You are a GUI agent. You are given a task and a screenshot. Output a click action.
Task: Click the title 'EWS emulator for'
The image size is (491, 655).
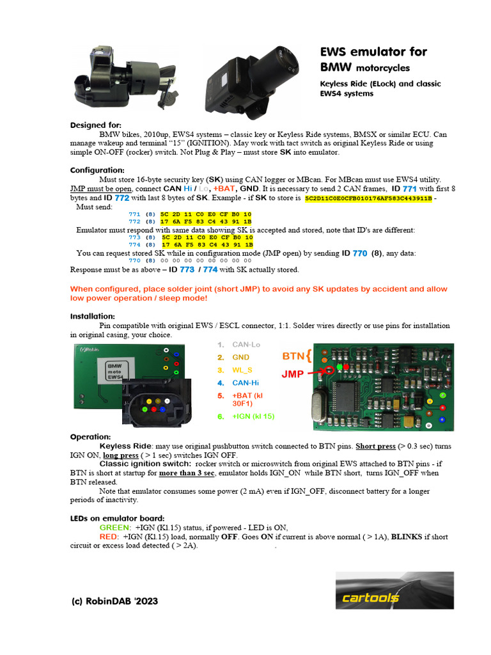(373, 52)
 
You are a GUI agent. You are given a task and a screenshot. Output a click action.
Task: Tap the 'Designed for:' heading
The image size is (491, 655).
(95, 125)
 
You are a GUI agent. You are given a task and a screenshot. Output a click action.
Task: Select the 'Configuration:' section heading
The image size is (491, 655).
(97, 170)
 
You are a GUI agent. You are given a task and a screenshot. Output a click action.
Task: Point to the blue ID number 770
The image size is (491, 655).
(359, 253)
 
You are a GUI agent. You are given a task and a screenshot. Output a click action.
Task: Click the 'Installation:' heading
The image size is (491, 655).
(93, 316)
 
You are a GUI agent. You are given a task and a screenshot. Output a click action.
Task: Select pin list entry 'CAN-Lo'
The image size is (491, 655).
(246, 345)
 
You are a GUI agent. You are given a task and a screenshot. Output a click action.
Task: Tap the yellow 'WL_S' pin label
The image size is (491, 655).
(242, 370)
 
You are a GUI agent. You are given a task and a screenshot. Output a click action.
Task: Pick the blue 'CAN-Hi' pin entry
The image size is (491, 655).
(245, 383)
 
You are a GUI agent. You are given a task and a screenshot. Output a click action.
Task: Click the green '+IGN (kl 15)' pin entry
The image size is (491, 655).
(253, 416)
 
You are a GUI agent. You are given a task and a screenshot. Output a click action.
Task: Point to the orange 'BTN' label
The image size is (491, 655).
(293, 355)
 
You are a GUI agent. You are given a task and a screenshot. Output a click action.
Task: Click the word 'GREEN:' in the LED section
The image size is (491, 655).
(115, 527)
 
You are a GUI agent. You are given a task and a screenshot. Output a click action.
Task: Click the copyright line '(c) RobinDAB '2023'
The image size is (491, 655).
(114, 601)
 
